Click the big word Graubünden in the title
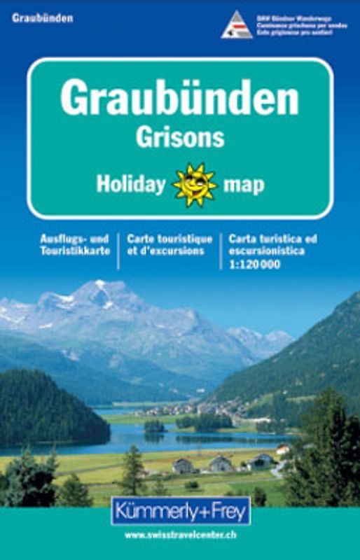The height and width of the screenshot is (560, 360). click(179, 99)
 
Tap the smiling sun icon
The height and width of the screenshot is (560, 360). click(195, 185)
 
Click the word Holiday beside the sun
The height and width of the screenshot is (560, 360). click(131, 185)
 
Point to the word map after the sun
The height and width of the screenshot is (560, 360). click(244, 185)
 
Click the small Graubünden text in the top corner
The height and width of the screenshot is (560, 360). click(42, 18)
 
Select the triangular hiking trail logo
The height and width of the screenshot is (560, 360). click(237, 26)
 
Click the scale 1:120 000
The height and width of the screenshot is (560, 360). click(254, 264)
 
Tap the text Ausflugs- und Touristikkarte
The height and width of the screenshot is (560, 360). click(75, 245)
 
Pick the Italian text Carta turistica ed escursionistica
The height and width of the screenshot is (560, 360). click(272, 245)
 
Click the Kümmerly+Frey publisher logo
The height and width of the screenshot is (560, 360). click(180, 510)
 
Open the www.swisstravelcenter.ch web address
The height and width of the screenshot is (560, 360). click(180, 535)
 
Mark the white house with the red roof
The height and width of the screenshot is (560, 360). click(282, 449)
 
